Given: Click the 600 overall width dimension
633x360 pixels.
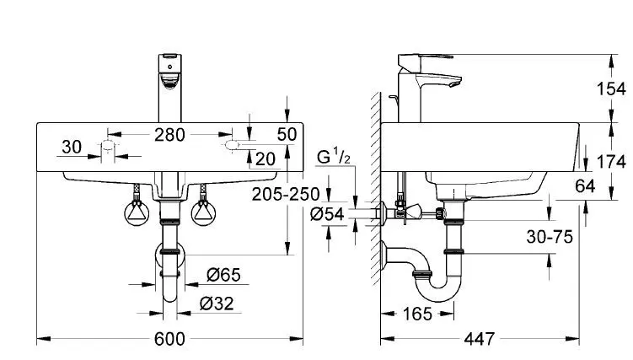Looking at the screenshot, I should [x=169, y=339].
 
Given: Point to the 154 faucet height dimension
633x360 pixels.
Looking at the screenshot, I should [x=611, y=89].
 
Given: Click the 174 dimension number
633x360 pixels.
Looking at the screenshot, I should [x=611, y=161].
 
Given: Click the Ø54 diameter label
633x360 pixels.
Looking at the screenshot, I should [x=328, y=215].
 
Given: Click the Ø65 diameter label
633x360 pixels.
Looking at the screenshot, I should [x=223, y=274].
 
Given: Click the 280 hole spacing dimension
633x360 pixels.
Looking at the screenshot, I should [x=169, y=133].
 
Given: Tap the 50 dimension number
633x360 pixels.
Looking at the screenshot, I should [x=287, y=134].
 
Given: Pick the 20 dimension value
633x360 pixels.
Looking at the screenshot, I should [x=265, y=158].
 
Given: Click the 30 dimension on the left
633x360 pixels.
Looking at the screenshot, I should [x=72, y=148].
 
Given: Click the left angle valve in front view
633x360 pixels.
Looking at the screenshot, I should [x=136, y=210].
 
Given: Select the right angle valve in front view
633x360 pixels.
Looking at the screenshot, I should [x=202, y=210].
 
